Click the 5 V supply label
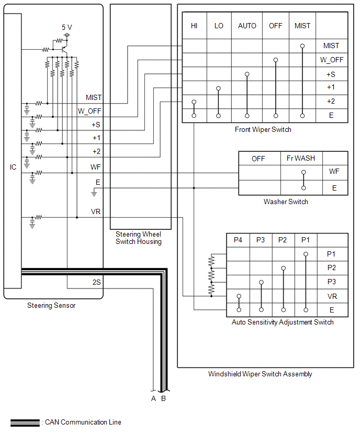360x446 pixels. tap(67, 27)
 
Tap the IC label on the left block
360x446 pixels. tap(13, 167)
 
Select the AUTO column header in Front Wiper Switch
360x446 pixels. tap(247, 26)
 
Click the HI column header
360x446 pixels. tap(194, 26)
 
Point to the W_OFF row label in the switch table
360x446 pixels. tap(332, 60)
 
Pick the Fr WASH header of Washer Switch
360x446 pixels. tap(301, 158)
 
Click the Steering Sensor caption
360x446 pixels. tap(51, 306)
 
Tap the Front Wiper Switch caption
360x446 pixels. tap(263, 130)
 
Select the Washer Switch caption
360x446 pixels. tap(286, 202)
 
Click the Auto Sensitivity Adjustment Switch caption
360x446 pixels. tap(283, 322)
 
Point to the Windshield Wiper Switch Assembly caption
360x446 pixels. tap(260, 374)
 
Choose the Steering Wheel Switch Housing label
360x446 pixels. tap(139, 238)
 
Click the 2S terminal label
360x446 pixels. tap(96, 282)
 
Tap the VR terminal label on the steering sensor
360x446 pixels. tap(96, 211)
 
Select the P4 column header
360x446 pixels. tap(238, 240)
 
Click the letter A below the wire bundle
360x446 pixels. tap(153, 399)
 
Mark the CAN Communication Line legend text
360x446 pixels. tap(83, 422)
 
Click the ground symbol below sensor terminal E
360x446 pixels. tap(94, 194)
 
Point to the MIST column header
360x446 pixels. tap(302, 26)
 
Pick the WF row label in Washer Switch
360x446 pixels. tap(334, 171)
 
